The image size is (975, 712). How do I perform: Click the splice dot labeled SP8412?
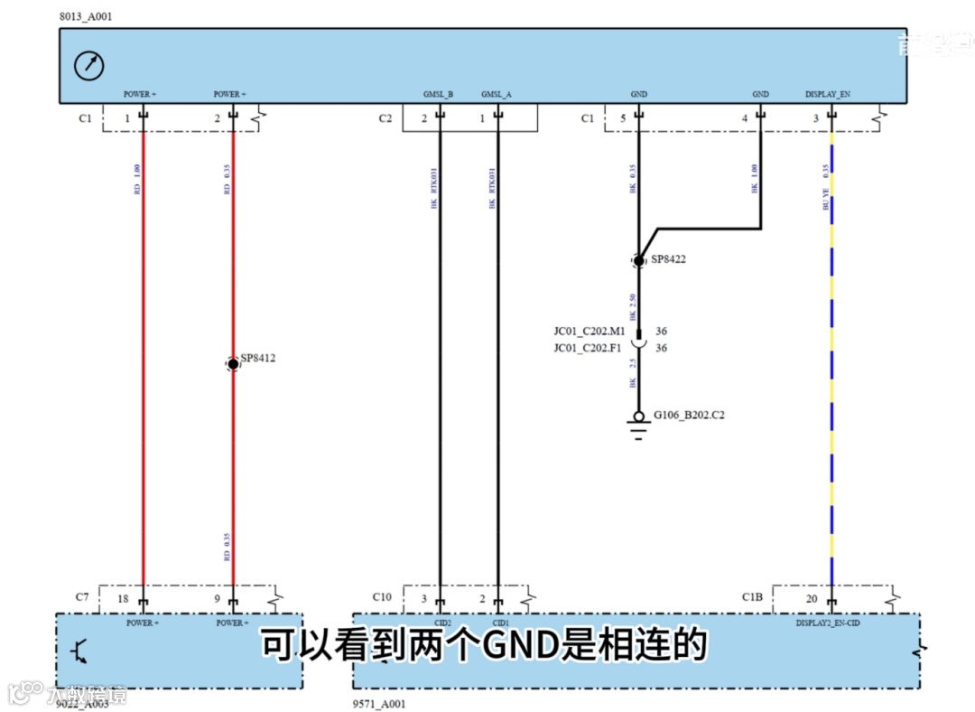point(233,363)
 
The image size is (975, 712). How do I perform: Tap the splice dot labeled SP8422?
point(639,261)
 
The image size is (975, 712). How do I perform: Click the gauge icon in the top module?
point(89,65)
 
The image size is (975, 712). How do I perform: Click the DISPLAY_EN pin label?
point(828,94)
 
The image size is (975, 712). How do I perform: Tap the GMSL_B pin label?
point(438,94)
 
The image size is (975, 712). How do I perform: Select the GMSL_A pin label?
point(496,94)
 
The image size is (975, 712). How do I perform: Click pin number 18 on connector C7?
point(122,598)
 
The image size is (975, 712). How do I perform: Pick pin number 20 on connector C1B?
point(812,598)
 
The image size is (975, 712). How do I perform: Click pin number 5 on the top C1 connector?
point(623,118)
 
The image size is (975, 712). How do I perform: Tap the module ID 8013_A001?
point(87,17)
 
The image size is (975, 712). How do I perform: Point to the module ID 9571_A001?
point(379,704)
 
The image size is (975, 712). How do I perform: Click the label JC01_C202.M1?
point(590,332)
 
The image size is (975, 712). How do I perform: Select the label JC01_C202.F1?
point(590,348)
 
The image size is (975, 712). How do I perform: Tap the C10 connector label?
point(382,597)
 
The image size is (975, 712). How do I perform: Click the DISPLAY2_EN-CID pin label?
point(832,623)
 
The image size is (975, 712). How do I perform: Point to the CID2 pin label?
point(441,623)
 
